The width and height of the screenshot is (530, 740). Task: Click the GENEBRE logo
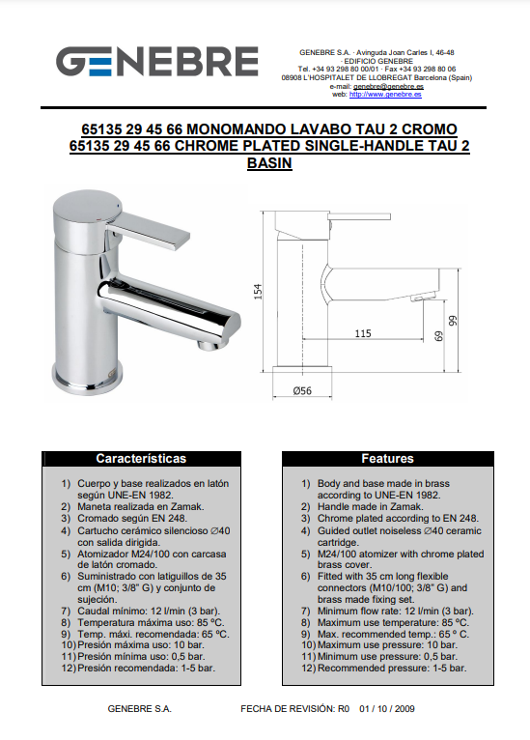click(x=157, y=62)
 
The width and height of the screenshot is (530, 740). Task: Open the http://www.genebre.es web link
click(x=385, y=95)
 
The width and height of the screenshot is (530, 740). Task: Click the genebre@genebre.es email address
click(x=388, y=86)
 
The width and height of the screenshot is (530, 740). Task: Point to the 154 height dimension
click(x=258, y=291)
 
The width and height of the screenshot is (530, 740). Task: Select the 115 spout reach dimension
click(x=363, y=333)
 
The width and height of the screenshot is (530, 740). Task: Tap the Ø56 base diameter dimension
click(x=302, y=390)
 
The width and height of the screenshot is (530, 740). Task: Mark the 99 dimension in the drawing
click(x=453, y=321)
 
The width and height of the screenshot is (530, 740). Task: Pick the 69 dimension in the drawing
click(x=438, y=336)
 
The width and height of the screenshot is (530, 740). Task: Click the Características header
click(x=141, y=458)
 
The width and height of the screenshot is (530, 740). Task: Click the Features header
click(x=387, y=458)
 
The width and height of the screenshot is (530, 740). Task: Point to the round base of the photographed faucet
click(x=88, y=379)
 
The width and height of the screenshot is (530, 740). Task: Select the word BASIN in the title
click(x=269, y=163)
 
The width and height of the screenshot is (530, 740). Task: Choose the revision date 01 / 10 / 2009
click(x=387, y=708)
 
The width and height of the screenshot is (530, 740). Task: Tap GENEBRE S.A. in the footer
click(x=140, y=708)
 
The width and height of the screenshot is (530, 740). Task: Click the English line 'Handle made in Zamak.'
click(x=370, y=507)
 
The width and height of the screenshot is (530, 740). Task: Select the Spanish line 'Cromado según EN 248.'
click(x=132, y=519)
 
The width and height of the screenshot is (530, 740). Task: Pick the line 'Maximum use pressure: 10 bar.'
click(x=387, y=645)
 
